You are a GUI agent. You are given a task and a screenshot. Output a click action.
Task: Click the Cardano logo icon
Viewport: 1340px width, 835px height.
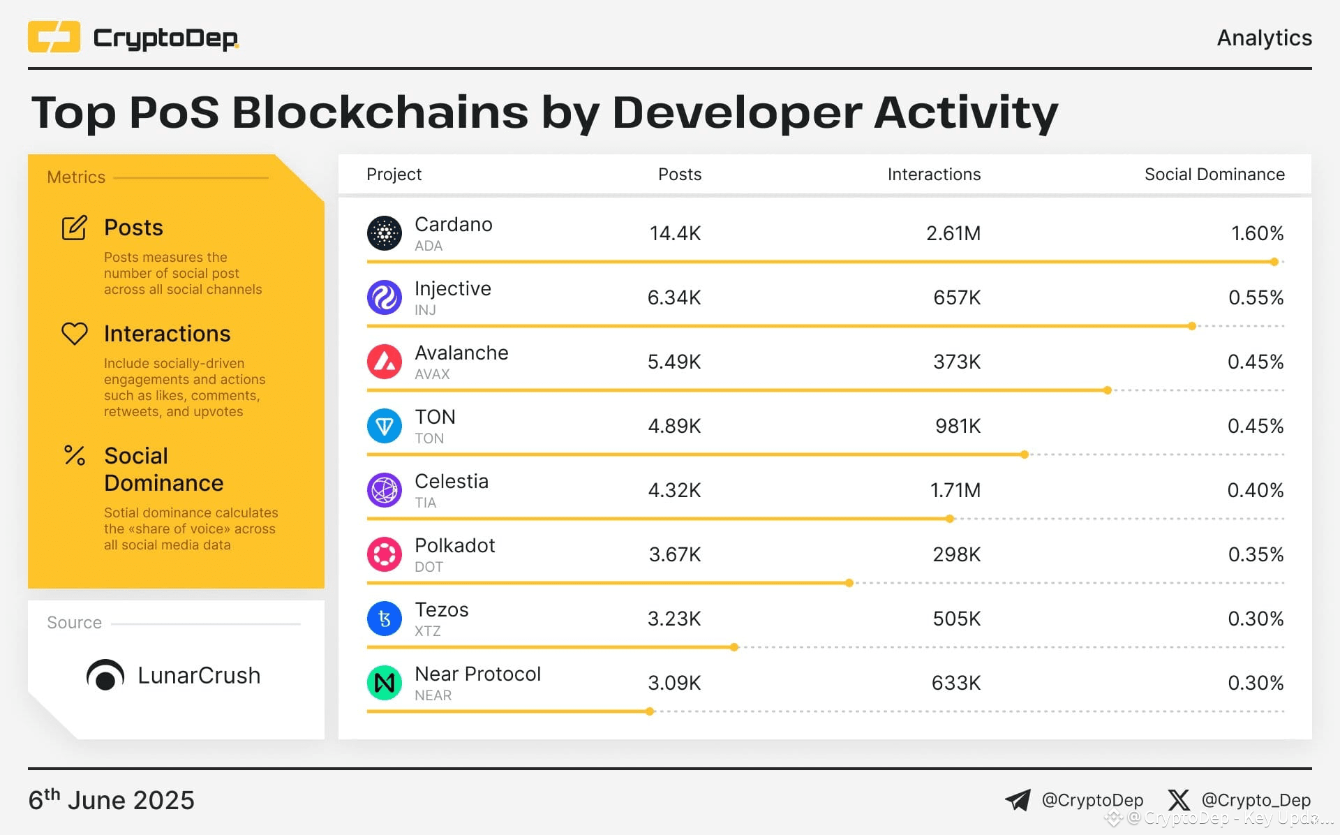(x=385, y=233)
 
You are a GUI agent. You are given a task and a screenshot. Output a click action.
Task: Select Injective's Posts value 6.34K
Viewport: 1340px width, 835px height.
(x=673, y=297)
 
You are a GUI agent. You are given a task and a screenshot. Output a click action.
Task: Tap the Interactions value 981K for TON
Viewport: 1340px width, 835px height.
(x=958, y=426)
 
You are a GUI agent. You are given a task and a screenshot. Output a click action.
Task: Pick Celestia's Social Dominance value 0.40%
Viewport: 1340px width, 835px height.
(x=1255, y=490)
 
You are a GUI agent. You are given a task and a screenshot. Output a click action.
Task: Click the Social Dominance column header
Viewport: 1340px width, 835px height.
(x=1214, y=175)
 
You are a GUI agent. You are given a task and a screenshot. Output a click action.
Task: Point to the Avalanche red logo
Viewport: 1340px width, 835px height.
(x=385, y=362)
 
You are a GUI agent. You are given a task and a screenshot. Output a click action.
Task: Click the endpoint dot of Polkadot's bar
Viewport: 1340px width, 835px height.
(x=849, y=583)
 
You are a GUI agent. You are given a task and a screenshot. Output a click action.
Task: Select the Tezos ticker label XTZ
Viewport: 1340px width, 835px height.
(x=427, y=631)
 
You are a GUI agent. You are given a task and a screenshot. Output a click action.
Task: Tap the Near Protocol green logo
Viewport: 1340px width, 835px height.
(x=385, y=683)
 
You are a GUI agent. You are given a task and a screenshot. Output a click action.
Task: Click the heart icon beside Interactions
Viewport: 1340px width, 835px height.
(x=75, y=334)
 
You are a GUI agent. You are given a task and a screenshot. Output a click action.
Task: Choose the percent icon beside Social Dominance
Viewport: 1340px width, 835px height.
(x=75, y=456)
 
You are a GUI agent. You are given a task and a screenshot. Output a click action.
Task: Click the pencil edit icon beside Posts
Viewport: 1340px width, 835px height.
(x=75, y=228)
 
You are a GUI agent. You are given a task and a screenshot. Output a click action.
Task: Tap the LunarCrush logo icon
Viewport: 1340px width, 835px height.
(x=105, y=675)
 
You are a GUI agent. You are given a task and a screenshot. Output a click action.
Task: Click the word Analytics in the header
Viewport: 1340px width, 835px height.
(x=1264, y=38)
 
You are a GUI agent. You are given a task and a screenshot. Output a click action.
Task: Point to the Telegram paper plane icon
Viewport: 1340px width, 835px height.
(x=1018, y=800)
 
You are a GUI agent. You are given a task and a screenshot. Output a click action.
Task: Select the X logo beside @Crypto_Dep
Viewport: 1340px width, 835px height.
(x=1179, y=800)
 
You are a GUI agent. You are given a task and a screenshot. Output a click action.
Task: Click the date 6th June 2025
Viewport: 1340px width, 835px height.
(x=111, y=800)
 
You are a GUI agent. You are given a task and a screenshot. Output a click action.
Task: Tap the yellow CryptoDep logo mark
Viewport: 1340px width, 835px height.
(x=54, y=37)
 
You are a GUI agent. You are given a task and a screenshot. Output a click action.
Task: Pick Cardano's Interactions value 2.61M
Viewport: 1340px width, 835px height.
(x=953, y=233)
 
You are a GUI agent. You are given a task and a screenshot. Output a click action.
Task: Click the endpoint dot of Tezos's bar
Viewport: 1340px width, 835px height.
(x=734, y=647)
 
